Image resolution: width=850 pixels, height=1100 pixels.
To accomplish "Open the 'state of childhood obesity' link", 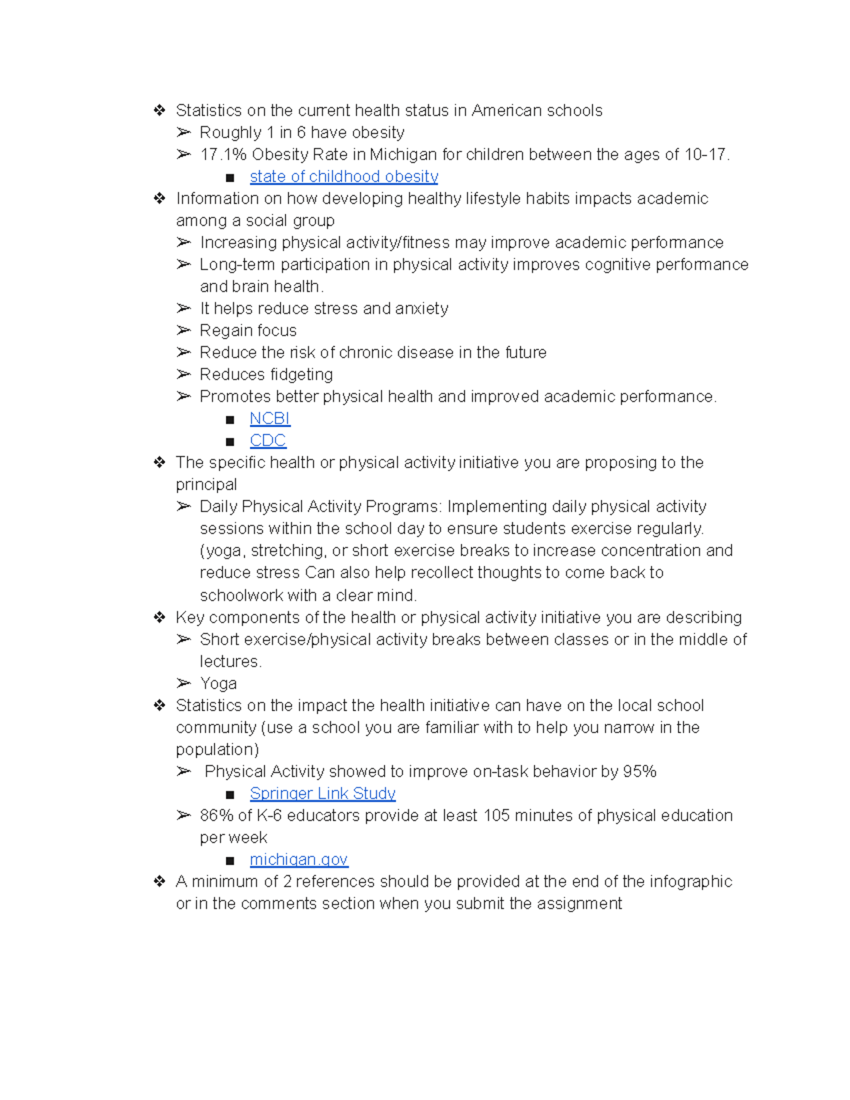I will [344, 176].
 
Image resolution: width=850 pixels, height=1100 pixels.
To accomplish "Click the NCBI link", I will [270, 419].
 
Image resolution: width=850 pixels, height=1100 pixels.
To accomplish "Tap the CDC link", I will [268, 441].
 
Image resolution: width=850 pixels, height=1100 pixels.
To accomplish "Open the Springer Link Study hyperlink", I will [322, 793].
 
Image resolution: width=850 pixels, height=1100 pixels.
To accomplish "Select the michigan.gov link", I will [298, 859].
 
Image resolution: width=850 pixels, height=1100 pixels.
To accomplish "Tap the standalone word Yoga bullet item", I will [218, 684].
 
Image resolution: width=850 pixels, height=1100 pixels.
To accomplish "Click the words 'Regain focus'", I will [248, 330].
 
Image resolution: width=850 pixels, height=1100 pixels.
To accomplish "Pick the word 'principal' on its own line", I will [206, 484].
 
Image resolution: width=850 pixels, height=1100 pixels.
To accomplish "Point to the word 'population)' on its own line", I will [217, 749].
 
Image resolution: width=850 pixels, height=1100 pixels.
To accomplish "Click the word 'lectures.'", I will [231, 662].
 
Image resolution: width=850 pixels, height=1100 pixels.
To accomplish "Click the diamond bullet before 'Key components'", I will [159, 618].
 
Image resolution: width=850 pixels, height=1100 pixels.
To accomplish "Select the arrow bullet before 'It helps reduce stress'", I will [184, 308].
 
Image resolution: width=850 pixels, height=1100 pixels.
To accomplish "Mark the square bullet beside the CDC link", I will [229, 442].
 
